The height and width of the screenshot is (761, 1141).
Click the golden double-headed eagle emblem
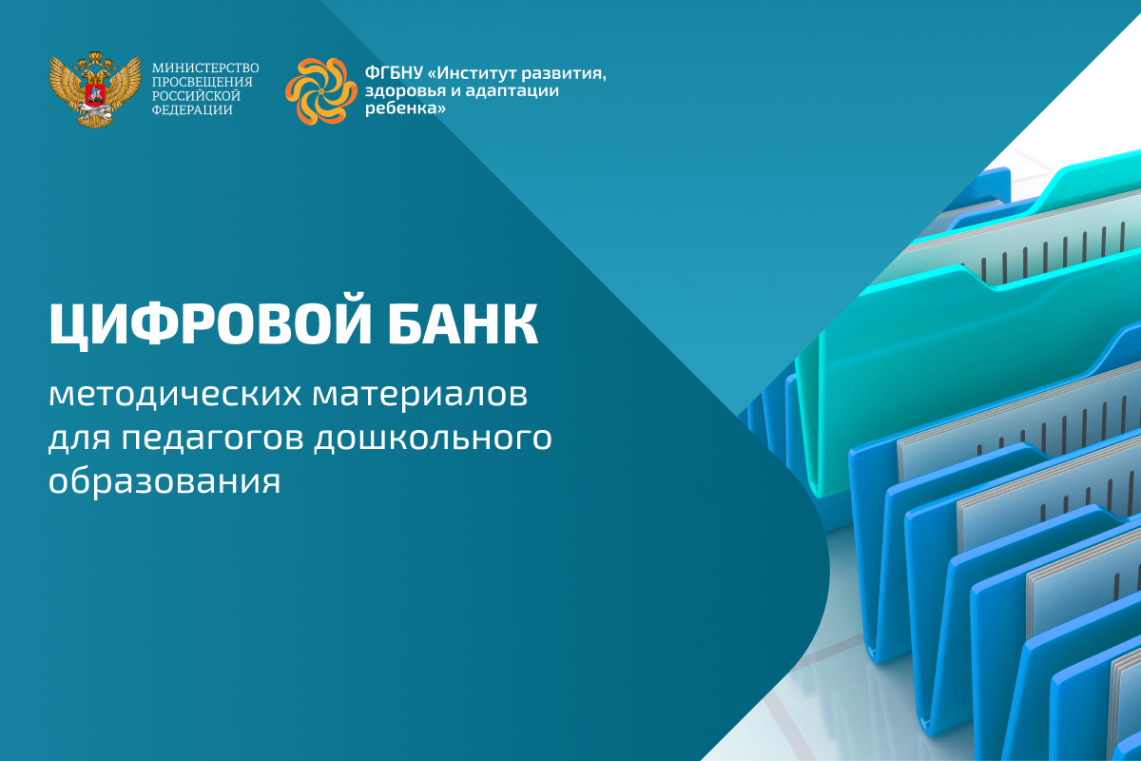click(95, 88)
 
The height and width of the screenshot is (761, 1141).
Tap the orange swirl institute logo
click(321, 91)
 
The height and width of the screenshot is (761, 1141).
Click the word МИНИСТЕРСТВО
click(205, 68)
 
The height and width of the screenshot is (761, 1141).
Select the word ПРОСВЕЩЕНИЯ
click(203, 82)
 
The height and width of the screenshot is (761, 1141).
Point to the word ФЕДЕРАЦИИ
click(192, 110)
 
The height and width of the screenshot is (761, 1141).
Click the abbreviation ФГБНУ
click(394, 73)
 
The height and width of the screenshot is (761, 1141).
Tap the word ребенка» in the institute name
click(405, 108)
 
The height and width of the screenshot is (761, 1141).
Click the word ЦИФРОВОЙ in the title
click(210, 325)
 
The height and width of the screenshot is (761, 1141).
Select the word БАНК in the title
click(462, 324)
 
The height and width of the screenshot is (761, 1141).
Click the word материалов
click(420, 394)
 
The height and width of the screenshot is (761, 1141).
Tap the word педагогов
click(213, 439)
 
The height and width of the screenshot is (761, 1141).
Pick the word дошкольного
click(433, 438)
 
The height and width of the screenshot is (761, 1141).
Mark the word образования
click(164, 480)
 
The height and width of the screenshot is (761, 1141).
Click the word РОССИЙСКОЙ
click(196, 96)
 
